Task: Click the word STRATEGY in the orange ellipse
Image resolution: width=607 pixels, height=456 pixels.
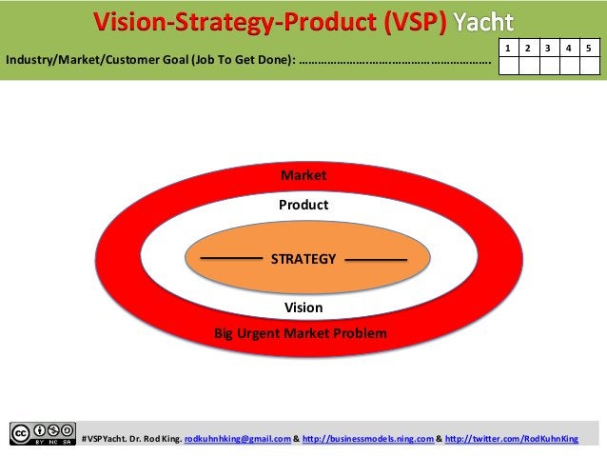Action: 303,259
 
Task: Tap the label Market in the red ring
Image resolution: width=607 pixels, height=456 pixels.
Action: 303,176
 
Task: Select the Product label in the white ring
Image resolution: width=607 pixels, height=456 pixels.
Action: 303,205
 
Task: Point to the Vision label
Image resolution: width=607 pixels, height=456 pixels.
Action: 303,308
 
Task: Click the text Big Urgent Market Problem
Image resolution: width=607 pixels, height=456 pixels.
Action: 300,334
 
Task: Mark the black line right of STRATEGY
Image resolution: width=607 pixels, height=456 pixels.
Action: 375,259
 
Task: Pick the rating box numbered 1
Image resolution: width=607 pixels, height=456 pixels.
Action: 510,47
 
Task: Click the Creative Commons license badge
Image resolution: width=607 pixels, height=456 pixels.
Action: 42,433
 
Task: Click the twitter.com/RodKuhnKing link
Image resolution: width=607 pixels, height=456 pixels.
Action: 512,438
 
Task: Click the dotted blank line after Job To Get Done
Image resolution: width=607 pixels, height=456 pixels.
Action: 395,63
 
